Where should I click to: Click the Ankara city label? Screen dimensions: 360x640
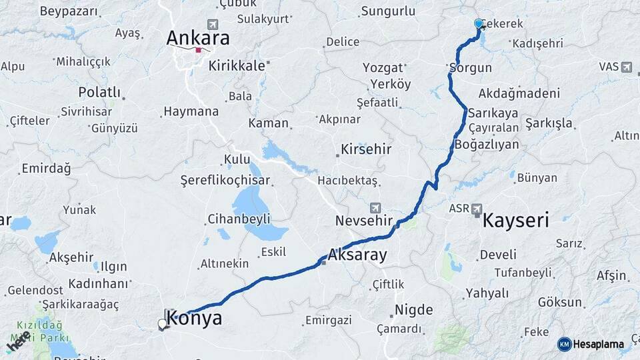click(x=198, y=38)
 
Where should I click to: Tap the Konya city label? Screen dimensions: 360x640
click(x=194, y=319)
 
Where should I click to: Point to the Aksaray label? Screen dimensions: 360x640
click(x=357, y=254)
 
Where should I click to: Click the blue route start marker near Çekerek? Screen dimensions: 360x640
click(x=478, y=24)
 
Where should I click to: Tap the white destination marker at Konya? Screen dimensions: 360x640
click(x=162, y=324)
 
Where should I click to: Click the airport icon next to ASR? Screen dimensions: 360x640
click(x=476, y=209)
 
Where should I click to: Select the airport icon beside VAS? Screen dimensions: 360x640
click(x=626, y=67)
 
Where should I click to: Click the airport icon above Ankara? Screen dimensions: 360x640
click(x=213, y=24)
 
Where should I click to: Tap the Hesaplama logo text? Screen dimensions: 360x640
click(x=598, y=345)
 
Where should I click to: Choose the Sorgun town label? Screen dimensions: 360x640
click(x=471, y=68)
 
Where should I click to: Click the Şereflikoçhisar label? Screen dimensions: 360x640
click(x=225, y=180)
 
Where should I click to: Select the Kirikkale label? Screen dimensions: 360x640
click(x=237, y=66)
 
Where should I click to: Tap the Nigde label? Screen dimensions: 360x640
click(x=413, y=309)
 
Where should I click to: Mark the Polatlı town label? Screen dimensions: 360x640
click(x=99, y=92)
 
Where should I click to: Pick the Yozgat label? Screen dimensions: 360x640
click(x=383, y=67)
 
